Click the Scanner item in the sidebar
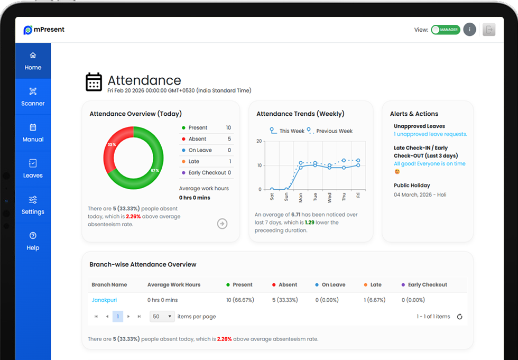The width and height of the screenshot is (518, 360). coord(33,97)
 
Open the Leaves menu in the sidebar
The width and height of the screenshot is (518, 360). coord(33,169)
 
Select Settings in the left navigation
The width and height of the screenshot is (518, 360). coord(33,205)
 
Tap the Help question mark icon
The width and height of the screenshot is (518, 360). coord(33,235)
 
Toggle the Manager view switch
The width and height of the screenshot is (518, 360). coord(446,30)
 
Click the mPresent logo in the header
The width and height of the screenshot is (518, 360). coord(44,30)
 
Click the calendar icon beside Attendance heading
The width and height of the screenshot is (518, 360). coord(94,82)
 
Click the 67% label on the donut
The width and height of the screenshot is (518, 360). coord(154,170)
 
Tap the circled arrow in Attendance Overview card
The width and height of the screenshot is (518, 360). coord(222,224)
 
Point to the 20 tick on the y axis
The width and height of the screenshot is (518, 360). coord(259,141)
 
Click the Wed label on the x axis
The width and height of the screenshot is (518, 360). coord(330,198)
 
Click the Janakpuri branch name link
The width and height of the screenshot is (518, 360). coord(104,300)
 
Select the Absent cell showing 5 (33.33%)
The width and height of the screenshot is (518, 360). coord(285,300)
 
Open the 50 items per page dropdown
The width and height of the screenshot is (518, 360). coord(162,317)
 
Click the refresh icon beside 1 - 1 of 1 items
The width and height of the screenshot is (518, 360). coord(459,317)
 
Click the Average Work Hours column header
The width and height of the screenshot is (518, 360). coord(174,285)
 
